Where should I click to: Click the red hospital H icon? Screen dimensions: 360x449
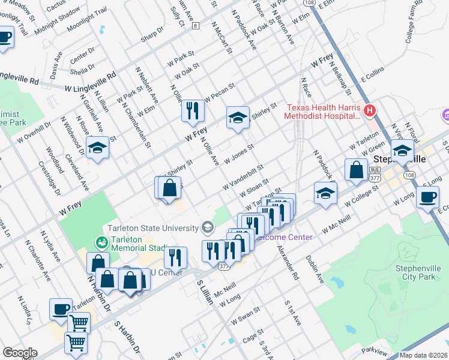tap(370, 110)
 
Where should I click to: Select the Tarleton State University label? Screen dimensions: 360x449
tap(152, 228)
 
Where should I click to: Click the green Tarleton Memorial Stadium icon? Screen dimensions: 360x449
tap(101, 243)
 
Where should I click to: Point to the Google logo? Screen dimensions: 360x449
tap(20, 353)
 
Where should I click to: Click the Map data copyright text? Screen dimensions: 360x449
tap(423, 355)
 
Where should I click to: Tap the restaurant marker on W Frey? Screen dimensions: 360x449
tap(193, 110)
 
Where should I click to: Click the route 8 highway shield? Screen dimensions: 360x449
tap(195, 25)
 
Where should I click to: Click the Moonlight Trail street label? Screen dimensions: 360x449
tap(87, 20)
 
